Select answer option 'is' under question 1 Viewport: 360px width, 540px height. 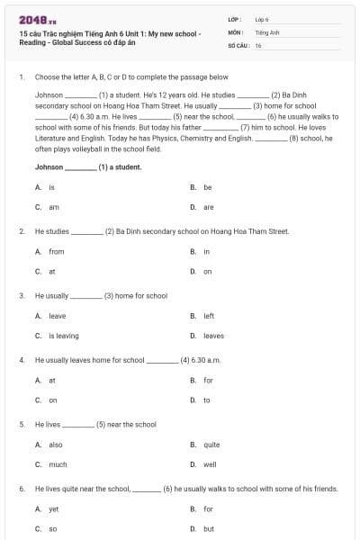51,187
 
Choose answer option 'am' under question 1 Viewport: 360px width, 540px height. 53,207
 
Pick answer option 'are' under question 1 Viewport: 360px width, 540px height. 208,207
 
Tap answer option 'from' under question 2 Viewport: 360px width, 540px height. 56,251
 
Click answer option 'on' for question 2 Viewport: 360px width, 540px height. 207,271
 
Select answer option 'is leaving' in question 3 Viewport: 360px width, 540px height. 63,336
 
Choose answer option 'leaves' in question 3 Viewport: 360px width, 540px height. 213,336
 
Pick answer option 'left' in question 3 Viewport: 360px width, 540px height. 209,316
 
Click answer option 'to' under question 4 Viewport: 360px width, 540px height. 206,400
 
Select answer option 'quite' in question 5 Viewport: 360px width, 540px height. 211,445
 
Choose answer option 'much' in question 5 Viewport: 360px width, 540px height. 58,464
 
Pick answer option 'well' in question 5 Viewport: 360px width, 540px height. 210,464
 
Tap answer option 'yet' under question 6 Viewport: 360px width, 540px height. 53,509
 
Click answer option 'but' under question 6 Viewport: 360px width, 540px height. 208,529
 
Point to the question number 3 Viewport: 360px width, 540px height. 21,295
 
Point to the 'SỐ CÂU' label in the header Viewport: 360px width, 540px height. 238,44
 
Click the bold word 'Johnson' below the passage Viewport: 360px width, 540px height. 49,167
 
